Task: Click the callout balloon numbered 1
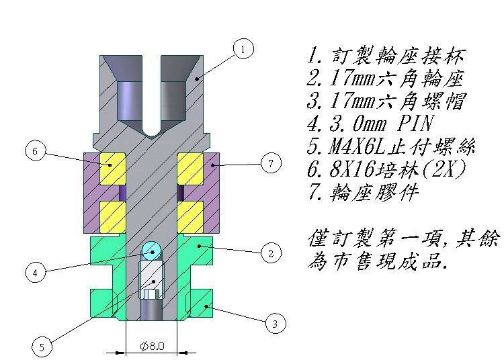pyautogui.click(x=243, y=48)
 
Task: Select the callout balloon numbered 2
pyautogui.click(x=270, y=253)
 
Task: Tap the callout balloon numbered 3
pyautogui.click(x=274, y=324)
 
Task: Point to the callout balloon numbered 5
pyautogui.click(x=42, y=347)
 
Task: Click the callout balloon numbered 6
pyautogui.click(x=35, y=151)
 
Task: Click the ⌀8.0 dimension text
pyautogui.click(x=152, y=347)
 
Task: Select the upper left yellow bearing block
pyautogui.click(x=113, y=169)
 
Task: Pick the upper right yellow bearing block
pyautogui.click(x=190, y=169)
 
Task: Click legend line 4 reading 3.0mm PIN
pyautogui.click(x=369, y=124)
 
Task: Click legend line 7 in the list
pyautogui.click(x=362, y=193)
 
